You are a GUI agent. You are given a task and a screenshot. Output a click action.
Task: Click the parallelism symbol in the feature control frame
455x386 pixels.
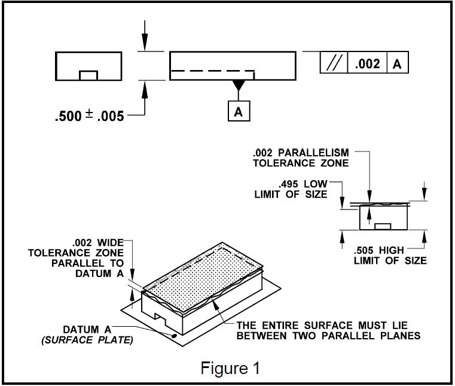334,62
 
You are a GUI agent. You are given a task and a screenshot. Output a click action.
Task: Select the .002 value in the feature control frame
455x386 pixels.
367,63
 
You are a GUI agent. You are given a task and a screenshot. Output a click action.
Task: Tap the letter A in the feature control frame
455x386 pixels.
397,64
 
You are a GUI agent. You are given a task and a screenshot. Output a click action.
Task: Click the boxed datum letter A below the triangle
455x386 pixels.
239,111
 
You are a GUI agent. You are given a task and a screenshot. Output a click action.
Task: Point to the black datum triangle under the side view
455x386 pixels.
239,86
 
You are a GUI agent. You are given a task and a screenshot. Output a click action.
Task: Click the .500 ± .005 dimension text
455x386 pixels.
89,116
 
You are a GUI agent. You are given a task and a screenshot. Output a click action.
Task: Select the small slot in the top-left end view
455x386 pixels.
88,75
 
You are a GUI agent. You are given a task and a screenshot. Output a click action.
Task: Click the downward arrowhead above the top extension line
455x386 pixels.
145,42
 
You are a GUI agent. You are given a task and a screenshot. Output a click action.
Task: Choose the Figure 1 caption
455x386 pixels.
230,368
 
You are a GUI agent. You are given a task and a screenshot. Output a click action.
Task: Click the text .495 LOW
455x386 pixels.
303,184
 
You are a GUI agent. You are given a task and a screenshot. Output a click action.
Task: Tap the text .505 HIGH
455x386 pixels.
378,250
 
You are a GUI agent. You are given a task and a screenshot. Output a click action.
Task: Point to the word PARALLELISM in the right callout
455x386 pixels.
313,153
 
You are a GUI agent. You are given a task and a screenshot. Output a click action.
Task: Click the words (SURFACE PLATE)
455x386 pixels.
87,340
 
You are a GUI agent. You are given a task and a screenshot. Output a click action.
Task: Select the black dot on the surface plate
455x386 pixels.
175,336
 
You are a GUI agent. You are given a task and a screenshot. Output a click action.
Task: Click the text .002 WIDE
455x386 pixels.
98,242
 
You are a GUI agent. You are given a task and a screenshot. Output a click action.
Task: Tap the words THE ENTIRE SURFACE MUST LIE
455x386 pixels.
322,325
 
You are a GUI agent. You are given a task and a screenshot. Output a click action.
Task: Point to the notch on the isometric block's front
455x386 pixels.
160,318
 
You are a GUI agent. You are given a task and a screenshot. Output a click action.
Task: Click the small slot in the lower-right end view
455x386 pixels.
383,226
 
